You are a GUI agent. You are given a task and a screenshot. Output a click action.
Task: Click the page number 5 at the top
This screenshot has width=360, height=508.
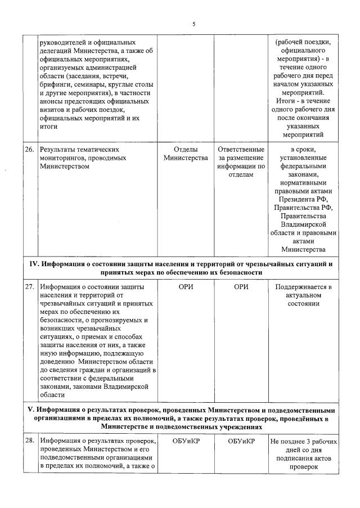(x=194, y=24)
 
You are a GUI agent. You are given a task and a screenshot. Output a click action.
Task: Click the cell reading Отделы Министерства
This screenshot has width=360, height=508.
(x=185, y=154)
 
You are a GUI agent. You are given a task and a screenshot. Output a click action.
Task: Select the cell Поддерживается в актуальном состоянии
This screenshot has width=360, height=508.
(x=304, y=295)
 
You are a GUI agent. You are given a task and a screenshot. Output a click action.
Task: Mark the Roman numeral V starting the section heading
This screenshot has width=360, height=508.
(x=31, y=409)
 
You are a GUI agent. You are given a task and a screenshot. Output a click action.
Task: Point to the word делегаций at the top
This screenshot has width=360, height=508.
(x=57, y=51)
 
